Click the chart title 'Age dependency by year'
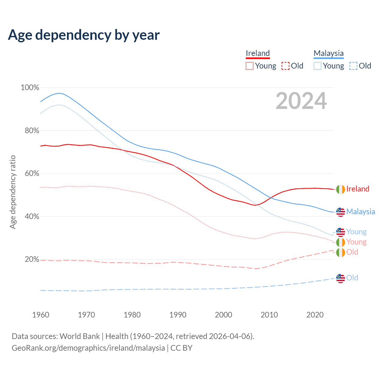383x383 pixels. [x=84, y=35]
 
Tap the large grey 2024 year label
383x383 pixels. [x=301, y=101]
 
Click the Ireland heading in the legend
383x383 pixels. [x=258, y=53]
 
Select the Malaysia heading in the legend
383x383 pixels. [x=329, y=53]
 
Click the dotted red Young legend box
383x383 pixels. [x=249, y=66]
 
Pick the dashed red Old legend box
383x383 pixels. [x=285, y=66]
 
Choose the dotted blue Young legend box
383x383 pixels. [x=317, y=66]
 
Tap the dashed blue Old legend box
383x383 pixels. [x=353, y=66]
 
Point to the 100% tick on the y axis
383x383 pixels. [x=30, y=88]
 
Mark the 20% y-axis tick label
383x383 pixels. [x=32, y=259]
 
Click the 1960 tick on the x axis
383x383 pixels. [x=41, y=315]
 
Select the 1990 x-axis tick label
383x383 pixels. [x=178, y=315]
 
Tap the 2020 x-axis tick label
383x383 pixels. [x=315, y=315]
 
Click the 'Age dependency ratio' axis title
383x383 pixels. [x=13, y=192]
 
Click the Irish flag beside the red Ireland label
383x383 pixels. [x=341, y=189]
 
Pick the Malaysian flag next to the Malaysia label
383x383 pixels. [x=341, y=212]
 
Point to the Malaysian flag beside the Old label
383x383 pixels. [x=341, y=278]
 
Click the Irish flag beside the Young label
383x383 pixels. [x=341, y=242]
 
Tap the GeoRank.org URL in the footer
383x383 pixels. [x=88, y=348]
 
